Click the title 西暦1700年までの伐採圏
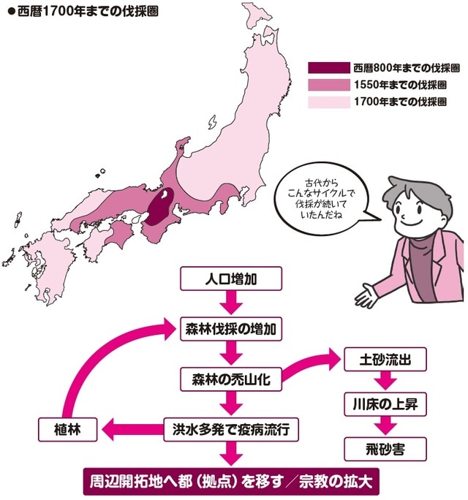(x=83, y=12)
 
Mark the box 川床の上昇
(x=381, y=403)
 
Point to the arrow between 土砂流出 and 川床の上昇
(x=381, y=382)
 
